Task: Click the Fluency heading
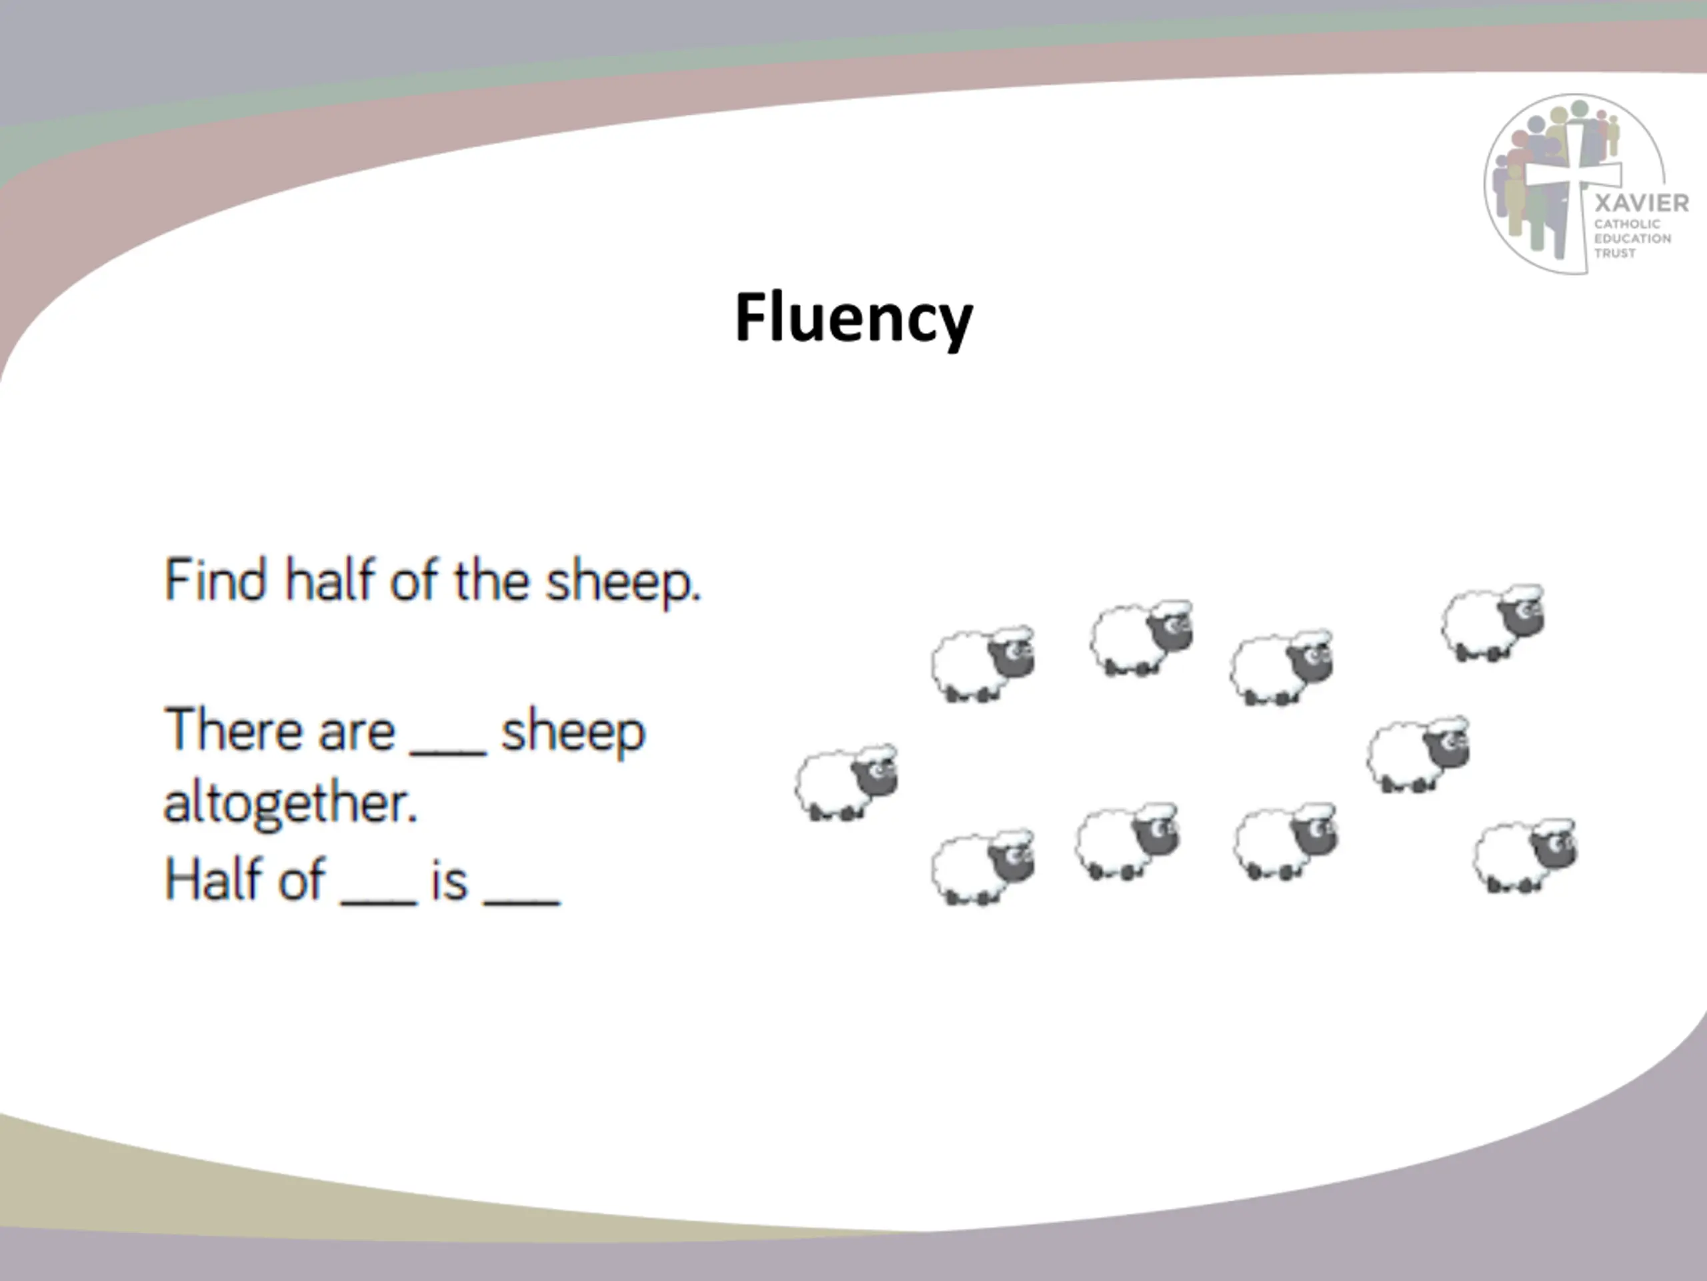[853, 318]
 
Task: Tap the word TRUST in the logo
[1614, 254]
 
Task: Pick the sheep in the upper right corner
[1493, 623]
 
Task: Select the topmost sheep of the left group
[1141, 638]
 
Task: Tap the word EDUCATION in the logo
[1632, 239]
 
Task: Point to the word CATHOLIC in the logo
[1627, 224]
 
